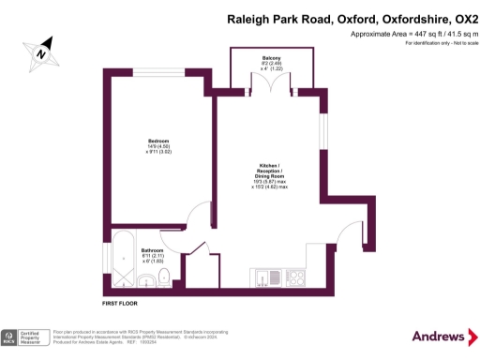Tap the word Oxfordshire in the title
click(x=394, y=18)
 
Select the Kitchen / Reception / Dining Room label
click(x=271, y=177)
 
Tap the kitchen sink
click(x=265, y=277)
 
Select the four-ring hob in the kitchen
click(x=297, y=277)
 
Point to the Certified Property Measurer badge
click(x=25, y=337)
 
